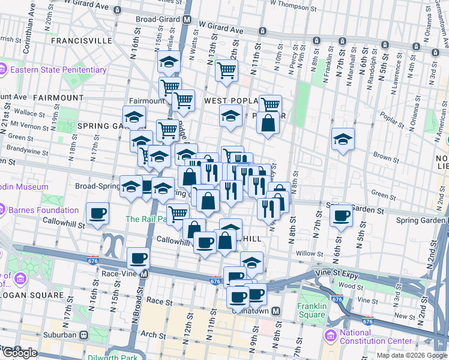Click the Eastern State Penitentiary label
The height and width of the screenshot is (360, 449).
pyautogui.click(x=57, y=70)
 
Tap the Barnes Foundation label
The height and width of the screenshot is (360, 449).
pyautogui.click(x=43, y=211)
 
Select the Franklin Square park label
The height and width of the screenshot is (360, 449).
pyautogui.click(x=312, y=310)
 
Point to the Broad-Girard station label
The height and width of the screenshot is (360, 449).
pyautogui.click(x=158, y=19)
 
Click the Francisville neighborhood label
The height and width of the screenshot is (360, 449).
pyautogui.click(x=82, y=41)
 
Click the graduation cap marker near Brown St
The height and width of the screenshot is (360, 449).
pyautogui.click(x=343, y=139)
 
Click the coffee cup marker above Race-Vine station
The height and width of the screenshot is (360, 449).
pyautogui.click(x=138, y=258)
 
